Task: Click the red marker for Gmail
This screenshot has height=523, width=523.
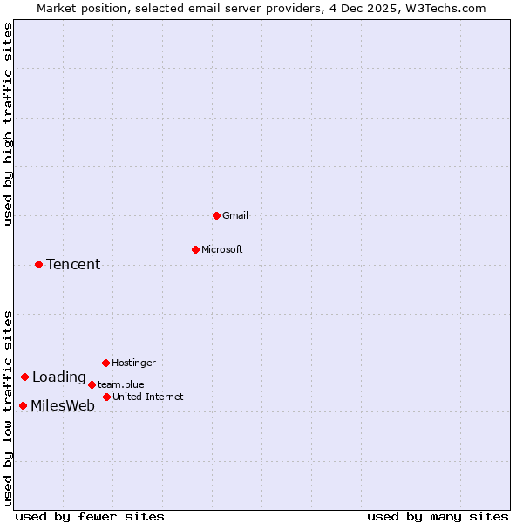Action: [x=216, y=215]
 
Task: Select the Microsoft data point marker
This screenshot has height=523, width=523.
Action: [x=195, y=249]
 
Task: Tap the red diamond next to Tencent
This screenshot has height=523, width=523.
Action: [x=38, y=264]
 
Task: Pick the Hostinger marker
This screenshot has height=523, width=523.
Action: [x=105, y=363]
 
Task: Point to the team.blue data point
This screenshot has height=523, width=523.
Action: [x=92, y=384]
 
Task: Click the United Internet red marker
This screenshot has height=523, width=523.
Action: [x=106, y=397]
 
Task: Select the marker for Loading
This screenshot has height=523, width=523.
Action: [x=24, y=377]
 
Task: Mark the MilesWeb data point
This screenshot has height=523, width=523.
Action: [x=23, y=405]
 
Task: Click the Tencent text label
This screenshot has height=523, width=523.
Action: [x=73, y=265]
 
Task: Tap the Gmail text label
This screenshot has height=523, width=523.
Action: [x=234, y=215]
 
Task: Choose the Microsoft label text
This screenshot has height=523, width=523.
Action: [x=222, y=249]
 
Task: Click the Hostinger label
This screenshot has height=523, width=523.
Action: [x=133, y=363]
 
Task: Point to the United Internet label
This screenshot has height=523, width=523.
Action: [x=147, y=397]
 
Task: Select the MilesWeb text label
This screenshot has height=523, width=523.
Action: [x=63, y=406]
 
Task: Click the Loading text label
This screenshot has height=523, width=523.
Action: [x=59, y=377]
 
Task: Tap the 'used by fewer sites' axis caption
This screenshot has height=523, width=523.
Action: [x=90, y=516]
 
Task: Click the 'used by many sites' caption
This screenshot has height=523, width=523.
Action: [x=438, y=516]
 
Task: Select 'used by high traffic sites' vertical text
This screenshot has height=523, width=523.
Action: [x=9, y=124]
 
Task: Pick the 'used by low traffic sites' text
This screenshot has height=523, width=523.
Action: [x=9, y=408]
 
